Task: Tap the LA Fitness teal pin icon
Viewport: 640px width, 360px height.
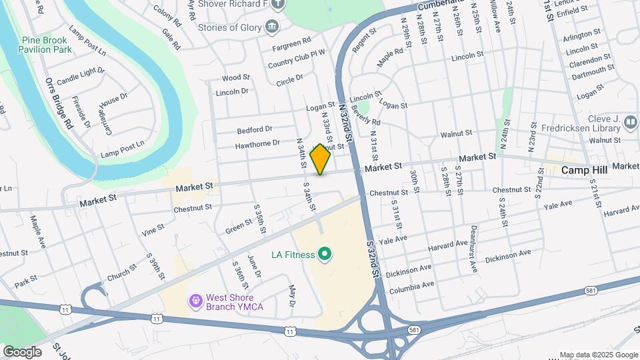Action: pos(325,254)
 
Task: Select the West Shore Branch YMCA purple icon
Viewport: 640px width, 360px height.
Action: pos(195,301)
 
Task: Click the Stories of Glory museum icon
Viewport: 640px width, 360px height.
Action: pos(272,27)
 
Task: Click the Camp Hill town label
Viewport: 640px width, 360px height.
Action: pos(584,170)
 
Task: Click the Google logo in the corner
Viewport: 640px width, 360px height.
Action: pos(21,351)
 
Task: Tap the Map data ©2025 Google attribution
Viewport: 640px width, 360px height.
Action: pos(598,355)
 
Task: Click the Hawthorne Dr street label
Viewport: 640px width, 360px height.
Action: pos(257,143)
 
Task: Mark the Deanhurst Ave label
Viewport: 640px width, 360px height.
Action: pos(474,249)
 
